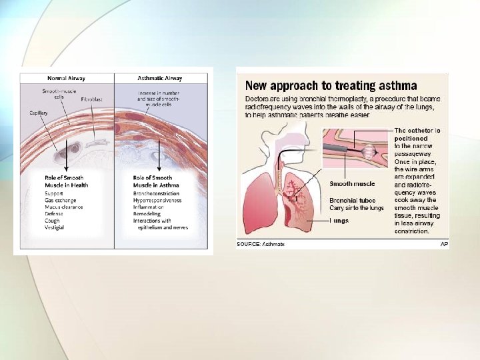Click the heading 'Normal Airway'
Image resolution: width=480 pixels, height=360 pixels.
[x=65, y=78]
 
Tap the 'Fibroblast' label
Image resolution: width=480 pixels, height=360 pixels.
[x=91, y=99]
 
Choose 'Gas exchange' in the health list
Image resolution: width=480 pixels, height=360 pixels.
[x=59, y=200]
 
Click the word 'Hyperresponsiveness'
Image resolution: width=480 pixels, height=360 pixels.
[x=157, y=200]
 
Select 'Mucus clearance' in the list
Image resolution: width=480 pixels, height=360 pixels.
[x=64, y=207]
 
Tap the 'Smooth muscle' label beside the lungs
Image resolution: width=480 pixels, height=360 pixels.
[x=352, y=183]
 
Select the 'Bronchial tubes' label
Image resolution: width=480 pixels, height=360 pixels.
[x=352, y=200]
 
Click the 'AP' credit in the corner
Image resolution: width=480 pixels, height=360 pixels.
[x=444, y=245]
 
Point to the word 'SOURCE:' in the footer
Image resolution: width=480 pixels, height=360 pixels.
[x=248, y=245]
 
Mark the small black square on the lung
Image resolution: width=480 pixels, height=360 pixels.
[x=292, y=198]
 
